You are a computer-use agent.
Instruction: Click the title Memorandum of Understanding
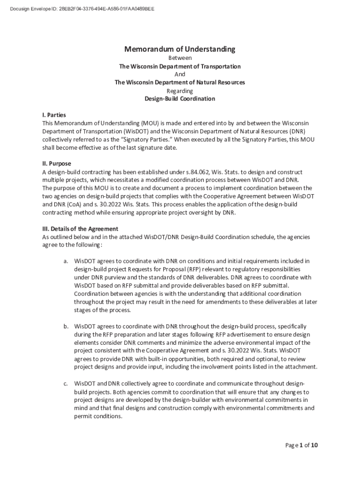point(180,49)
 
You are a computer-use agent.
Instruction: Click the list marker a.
point(66,261)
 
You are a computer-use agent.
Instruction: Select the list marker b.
point(66,326)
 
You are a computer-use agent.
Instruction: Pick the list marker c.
point(66,384)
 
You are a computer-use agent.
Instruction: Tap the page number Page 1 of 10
point(302,445)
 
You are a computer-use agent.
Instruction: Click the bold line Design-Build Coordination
point(180,99)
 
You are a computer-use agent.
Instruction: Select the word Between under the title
point(180,58)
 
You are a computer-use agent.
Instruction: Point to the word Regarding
point(180,91)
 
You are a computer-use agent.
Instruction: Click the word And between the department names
point(180,74)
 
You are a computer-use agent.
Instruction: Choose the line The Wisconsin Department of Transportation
point(180,66)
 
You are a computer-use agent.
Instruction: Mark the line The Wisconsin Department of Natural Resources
point(180,82)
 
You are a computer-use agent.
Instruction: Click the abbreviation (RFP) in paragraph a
point(181,269)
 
